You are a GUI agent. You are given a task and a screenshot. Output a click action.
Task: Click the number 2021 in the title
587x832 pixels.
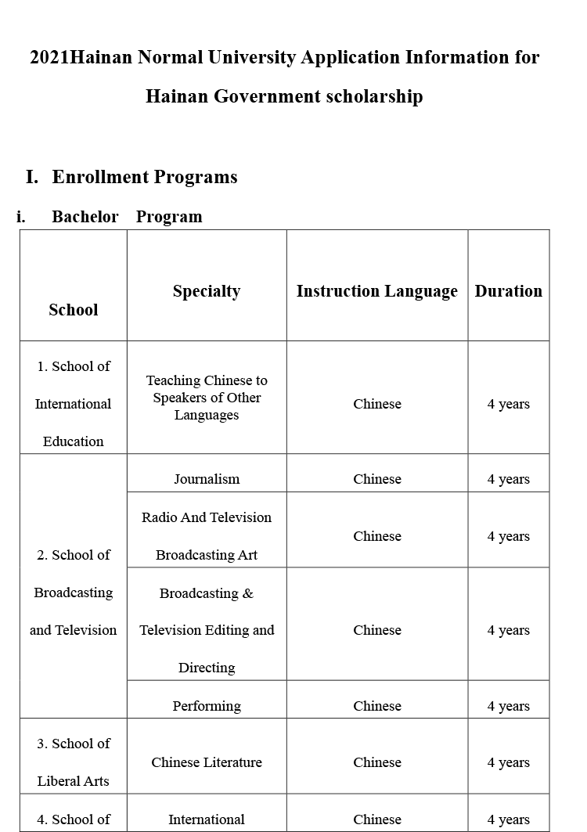(49, 58)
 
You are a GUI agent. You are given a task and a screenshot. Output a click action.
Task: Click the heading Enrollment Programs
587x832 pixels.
(144, 177)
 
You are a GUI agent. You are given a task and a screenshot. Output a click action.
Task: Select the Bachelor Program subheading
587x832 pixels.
(127, 217)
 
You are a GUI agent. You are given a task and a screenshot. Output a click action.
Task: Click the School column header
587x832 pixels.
(74, 310)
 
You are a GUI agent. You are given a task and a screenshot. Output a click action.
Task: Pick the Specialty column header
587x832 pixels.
(207, 291)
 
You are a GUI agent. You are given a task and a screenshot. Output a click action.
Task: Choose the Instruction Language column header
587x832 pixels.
(376, 291)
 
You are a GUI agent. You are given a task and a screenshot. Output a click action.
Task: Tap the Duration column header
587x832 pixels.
(508, 291)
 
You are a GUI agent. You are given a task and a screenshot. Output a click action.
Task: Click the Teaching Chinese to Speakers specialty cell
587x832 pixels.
(207, 398)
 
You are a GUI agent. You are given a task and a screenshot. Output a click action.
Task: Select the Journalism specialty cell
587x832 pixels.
(207, 479)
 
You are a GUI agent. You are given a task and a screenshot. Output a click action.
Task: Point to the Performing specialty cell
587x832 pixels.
(207, 706)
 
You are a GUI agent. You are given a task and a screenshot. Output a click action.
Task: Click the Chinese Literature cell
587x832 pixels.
(207, 762)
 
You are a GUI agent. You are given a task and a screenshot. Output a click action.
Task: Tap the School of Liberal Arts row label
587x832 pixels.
(74, 762)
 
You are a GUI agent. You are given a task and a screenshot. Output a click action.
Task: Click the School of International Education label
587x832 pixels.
(74, 404)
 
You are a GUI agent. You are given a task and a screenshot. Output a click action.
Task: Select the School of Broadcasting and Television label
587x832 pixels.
(74, 592)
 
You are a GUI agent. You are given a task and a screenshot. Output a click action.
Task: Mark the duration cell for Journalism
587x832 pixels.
(508, 479)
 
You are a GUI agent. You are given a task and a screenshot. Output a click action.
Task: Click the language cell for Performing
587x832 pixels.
(376, 706)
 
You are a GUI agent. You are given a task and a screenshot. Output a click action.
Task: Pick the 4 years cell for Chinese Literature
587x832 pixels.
(508, 762)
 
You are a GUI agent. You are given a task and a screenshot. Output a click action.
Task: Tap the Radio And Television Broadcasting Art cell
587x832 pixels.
(207, 536)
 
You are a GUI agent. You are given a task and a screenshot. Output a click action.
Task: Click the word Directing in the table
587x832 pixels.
(207, 668)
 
